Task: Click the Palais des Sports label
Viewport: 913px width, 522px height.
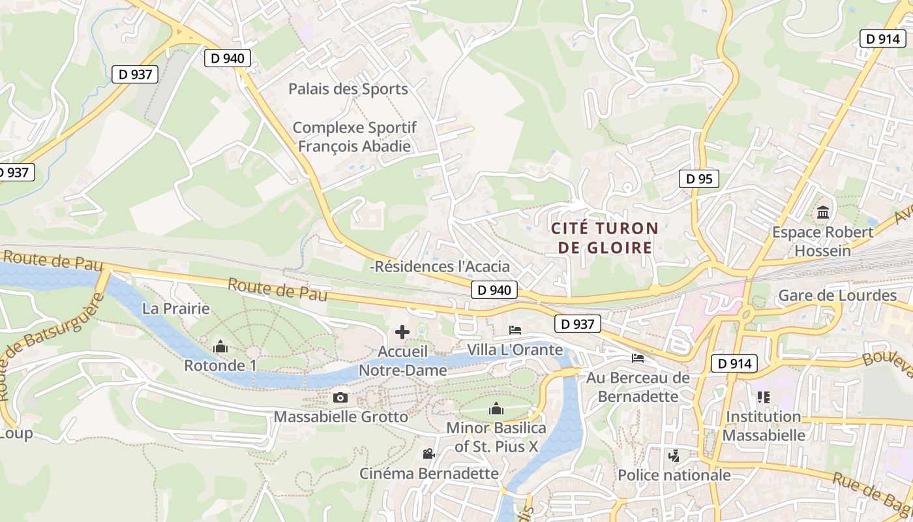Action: click(x=348, y=89)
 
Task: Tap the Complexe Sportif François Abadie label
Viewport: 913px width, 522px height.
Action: click(x=354, y=137)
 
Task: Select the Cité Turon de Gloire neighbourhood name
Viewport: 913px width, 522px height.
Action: click(x=605, y=238)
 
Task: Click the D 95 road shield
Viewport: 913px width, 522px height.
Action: click(x=699, y=179)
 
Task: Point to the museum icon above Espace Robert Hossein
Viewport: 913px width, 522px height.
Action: click(x=823, y=213)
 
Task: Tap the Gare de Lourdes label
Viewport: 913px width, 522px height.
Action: click(x=837, y=296)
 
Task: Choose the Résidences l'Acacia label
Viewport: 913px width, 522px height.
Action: click(x=441, y=267)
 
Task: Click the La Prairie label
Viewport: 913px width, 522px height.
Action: click(x=176, y=309)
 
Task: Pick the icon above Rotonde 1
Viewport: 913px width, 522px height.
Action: click(x=220, y=346)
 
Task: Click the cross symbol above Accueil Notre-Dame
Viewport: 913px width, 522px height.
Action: click(x=402, y=332)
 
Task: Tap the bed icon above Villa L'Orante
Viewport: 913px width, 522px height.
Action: click(x=515, y=330)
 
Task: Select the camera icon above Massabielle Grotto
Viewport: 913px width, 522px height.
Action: click(x=340, y=397)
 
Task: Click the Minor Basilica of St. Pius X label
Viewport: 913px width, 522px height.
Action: click(x=496, y=437)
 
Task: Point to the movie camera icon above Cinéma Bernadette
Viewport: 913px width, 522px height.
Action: click(x=428, y=454)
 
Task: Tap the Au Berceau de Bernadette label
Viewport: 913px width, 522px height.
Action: click(x=638, y=387)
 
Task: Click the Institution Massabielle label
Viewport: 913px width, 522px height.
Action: click(x=764, y=425)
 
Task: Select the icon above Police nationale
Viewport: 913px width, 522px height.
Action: click(x=674, y=456)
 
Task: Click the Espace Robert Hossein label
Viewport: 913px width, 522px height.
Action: click(x=823, y=241)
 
